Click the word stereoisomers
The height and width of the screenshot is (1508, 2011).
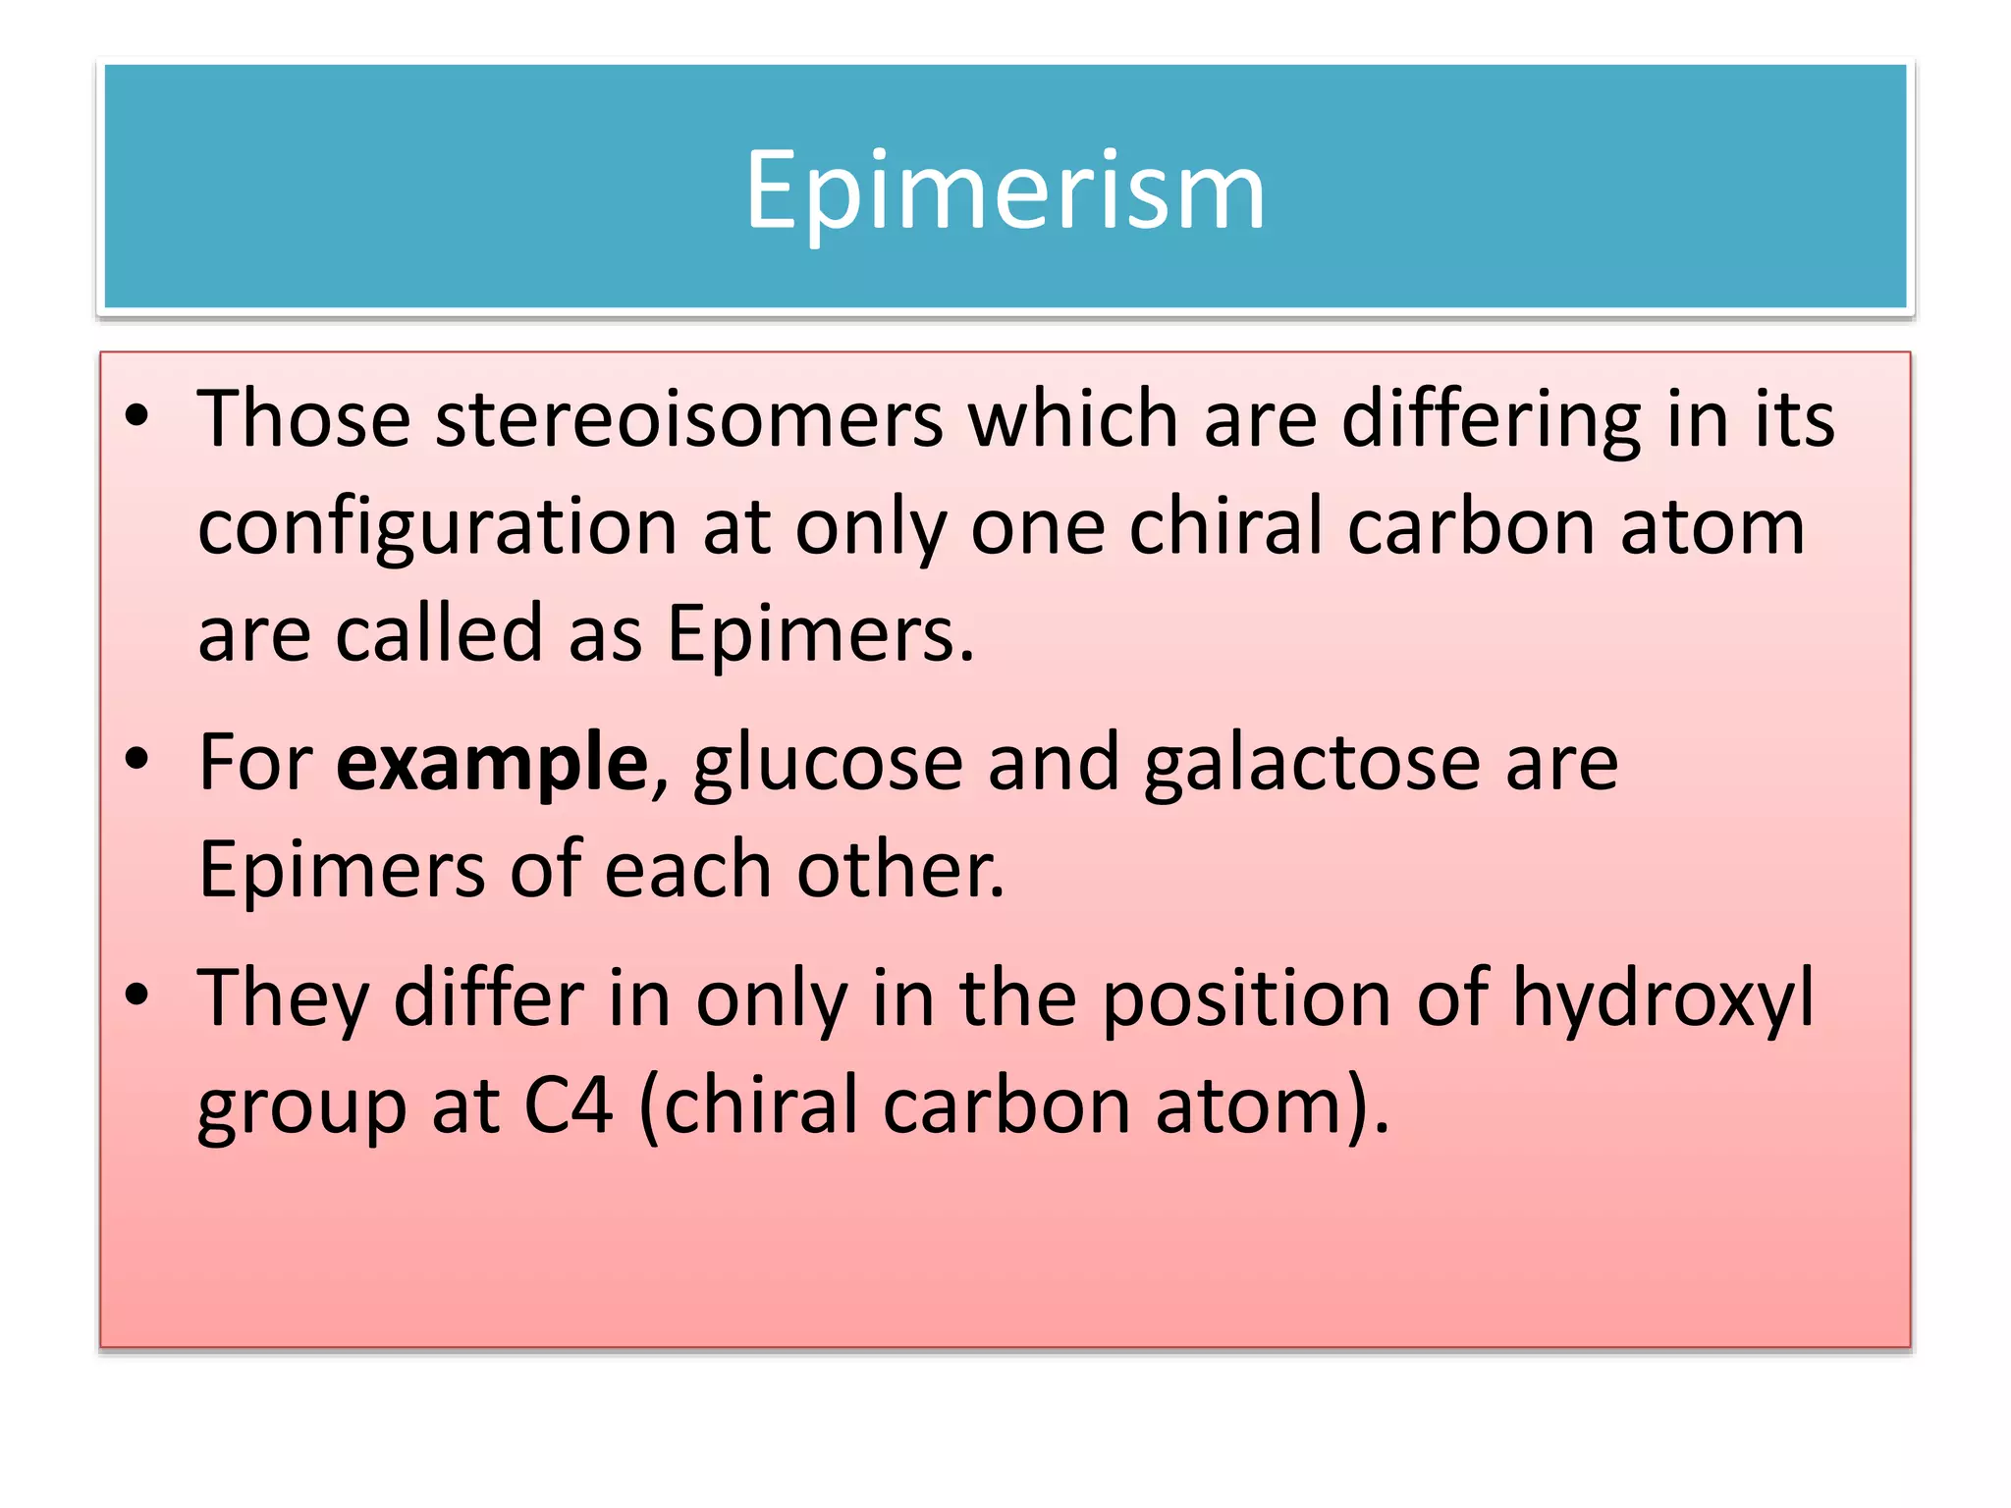[x=688, y=419]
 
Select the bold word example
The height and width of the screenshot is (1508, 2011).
[x=492, y=764]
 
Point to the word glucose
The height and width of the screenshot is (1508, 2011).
[x=827, y=764]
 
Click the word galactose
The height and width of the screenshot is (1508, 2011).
[x=1312, y=764]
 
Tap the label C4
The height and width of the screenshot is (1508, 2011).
[x=569, y=1106]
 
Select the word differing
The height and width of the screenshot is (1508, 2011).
[x=1491, y=419]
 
